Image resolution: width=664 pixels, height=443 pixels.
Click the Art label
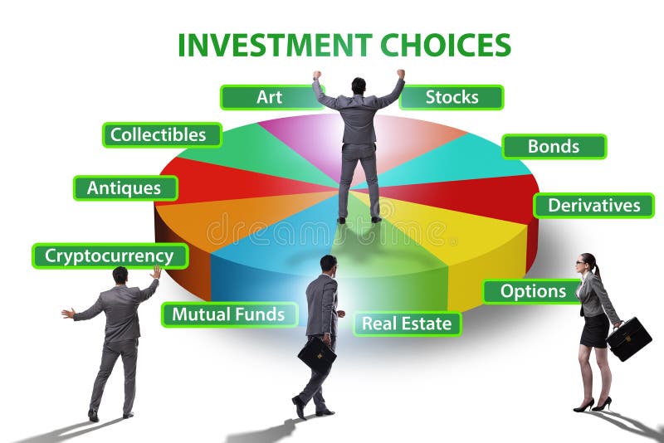(269, 97)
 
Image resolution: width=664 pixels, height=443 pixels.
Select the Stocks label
(452, 97)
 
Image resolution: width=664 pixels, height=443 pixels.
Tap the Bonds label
(554, 147)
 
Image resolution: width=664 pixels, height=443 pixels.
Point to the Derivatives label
(593, 205)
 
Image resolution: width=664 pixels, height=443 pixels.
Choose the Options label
(534, 291)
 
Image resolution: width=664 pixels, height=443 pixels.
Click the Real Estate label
(407, 323)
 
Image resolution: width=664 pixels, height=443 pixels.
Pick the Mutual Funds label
(228, 314)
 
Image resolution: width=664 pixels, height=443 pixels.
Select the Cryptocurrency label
(110, 256)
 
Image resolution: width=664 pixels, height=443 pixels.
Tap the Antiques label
(124, 187)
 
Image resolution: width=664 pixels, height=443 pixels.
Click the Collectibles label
(162, 134)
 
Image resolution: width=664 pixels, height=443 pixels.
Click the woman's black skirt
(594, 329)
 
